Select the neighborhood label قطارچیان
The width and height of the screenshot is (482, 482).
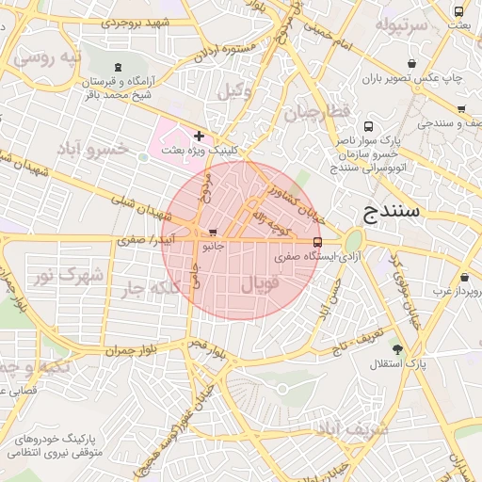tap(317, 112)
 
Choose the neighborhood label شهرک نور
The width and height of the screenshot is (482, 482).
tap(67, 276)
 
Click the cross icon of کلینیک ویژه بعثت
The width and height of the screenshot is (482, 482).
tap(199, 136)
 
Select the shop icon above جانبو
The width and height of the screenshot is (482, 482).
tap(213, 232)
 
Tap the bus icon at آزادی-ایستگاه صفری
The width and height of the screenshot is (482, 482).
tap(316, 241)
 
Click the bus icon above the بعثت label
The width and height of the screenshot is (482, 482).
tap(458, 12)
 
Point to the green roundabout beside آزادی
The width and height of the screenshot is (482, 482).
tap(353, 241)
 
